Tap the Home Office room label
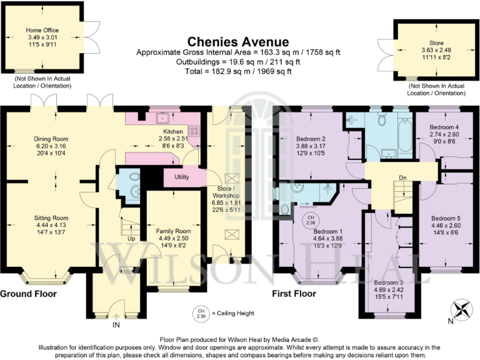(x=41, y=29)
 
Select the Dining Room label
(x=51, y=139)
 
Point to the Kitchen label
(x=172, y=132)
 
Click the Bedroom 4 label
(x=444, y=127)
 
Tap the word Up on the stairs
(x=131, y=238)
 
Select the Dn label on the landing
(x=403, y=178)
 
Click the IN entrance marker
(x=116, y=325)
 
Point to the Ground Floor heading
(x=29, y=293)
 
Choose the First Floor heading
(x=294, y=293)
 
